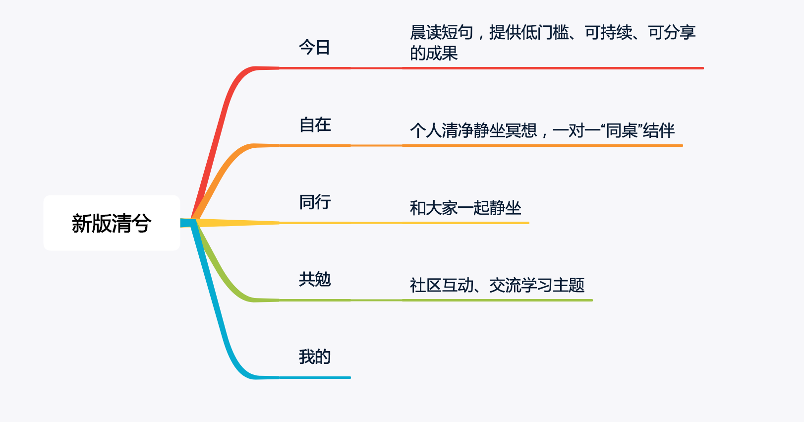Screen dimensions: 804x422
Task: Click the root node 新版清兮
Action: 112,223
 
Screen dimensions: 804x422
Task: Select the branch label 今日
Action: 314,48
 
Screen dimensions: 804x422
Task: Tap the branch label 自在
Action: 315,124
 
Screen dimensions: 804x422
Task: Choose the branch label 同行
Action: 315,202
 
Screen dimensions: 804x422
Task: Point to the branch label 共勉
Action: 315,279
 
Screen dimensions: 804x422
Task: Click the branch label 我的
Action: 315,357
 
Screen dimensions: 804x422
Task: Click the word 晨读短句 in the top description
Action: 442,32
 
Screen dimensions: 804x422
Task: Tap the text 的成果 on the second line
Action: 434,53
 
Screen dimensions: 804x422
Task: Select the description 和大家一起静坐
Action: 465,208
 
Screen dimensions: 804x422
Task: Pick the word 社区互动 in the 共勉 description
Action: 442,285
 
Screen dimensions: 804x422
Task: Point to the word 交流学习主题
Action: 537,285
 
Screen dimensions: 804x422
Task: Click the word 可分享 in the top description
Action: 672,32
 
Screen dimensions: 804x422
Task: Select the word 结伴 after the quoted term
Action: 659,130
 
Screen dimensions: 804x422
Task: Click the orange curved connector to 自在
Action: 226,173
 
